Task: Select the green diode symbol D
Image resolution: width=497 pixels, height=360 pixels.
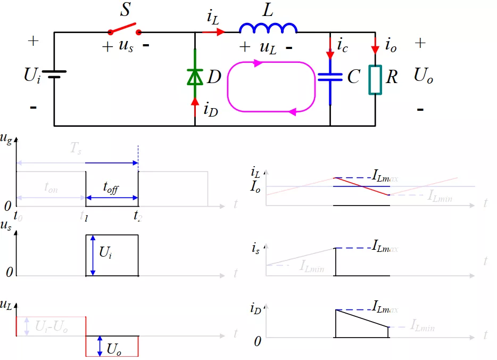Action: pos(195,78)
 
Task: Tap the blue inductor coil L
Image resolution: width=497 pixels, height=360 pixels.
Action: pos(268,28)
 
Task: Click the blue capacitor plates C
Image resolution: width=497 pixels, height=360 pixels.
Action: pos(330,77)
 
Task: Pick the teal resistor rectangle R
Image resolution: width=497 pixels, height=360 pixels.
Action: pos(375,80)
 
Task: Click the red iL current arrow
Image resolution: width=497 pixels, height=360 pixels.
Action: pos(213,32)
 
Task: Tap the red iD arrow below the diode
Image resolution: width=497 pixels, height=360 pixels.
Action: pos(195,105)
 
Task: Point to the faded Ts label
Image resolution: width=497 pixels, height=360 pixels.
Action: pos(76,149)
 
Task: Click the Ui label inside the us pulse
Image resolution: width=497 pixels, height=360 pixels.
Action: pos(105,252)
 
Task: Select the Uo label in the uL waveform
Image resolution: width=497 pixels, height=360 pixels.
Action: pos(113,349)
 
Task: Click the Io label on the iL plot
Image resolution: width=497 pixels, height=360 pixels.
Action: pos(255,187)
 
